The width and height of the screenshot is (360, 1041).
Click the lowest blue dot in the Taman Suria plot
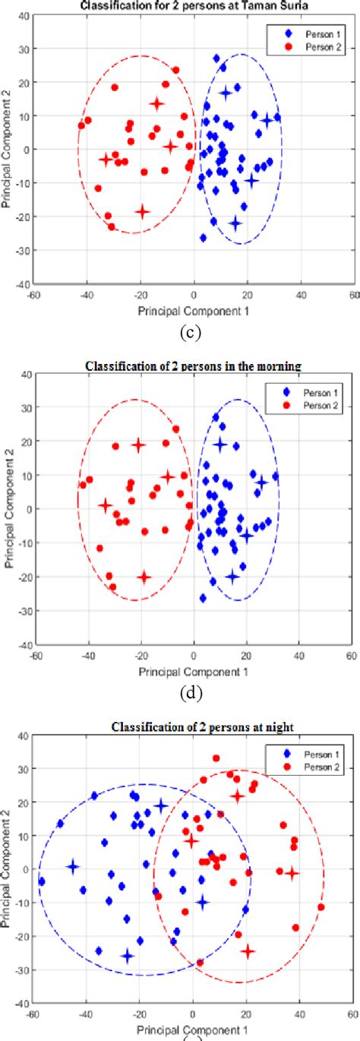click(x=203, y=238)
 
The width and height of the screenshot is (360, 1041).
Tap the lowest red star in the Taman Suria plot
click(x=142, y=211)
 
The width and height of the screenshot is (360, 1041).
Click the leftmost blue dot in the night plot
click(x=42, y=881)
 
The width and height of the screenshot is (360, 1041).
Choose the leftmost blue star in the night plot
click(x=72, y=866)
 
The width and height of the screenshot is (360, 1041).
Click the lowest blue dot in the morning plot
click(x=203, y=598)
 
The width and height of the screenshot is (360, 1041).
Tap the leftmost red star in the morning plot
click(x=105, y=505)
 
